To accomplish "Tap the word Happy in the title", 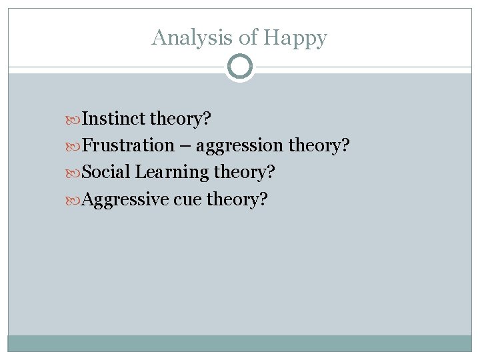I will click(295, 38).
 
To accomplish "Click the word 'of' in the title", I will click(248, 37).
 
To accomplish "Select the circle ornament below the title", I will click(240, 67).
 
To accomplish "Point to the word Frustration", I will click(127, 145).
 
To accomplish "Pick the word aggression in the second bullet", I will click(240, 146).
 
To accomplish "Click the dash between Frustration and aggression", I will click(185, 146).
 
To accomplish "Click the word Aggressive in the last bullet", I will click(125, 199).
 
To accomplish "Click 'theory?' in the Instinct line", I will click(180, 119).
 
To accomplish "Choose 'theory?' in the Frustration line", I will click(319, 145).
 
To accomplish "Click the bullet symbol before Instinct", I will click(73, 119).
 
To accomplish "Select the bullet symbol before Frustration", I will click(73, 146).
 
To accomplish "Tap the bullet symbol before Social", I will click(73, 173).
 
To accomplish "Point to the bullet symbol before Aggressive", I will click(73, 199).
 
